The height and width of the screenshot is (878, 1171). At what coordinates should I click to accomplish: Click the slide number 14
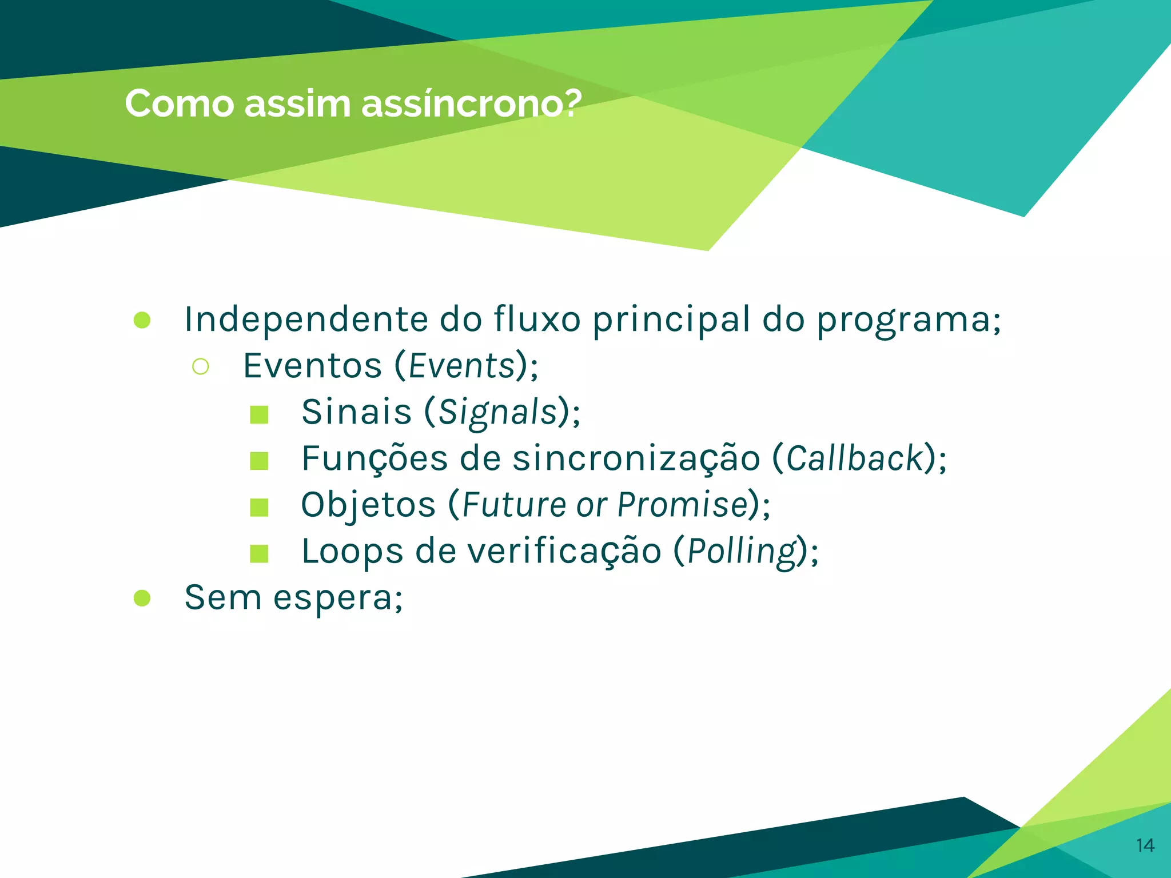[1145, 845]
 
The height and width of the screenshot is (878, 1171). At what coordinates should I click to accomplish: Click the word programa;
[909, 320]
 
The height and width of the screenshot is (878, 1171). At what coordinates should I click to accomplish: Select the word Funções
[375, 458]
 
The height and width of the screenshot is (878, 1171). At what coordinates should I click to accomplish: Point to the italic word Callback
[855, 458]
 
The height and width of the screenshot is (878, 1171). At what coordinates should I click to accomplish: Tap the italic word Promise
[683, 505]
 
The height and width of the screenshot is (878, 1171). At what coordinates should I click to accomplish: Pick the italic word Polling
[742, 552]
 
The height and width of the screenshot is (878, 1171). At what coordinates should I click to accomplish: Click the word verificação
[564, 551]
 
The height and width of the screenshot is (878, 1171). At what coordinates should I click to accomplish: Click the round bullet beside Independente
[142, 320]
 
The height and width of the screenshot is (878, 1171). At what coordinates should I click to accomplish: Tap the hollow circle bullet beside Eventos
[201, 366]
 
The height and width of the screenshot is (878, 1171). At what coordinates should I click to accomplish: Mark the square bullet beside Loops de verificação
[259, 553]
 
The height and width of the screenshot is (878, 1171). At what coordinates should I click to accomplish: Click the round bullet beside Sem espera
[142, 598]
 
